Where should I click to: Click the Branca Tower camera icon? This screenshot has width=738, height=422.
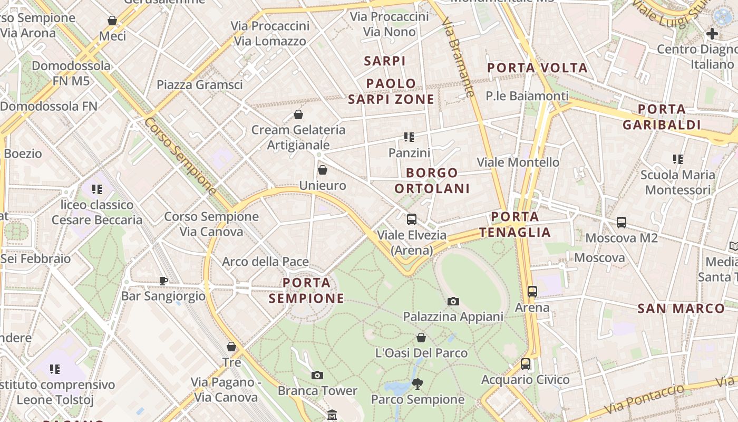tap(317, 376)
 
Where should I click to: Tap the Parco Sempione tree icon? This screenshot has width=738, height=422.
tap(417, 383)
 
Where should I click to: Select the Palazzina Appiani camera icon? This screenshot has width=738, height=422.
tap(453, 302)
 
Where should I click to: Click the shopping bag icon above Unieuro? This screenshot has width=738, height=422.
tap(323, 170)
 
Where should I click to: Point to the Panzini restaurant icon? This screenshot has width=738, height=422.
tap(409, 137)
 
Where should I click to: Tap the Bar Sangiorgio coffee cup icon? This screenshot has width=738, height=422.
tap(163, 281)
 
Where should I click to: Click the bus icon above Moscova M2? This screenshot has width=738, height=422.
tap(622, 223)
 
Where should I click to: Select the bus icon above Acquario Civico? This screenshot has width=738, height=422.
tap(525, 364)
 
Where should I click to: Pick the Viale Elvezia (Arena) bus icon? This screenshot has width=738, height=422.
tap(412, 219)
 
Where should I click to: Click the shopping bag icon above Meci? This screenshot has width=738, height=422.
tap(112, 21)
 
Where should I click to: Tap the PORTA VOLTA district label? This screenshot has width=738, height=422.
tap(537, 68)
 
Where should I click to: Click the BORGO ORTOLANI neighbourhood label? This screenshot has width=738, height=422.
tap(432, 180)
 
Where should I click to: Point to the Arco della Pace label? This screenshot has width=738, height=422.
tap(265, 262)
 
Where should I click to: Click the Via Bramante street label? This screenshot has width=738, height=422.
tap(459, 58)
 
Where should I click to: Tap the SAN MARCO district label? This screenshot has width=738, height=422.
tap(681, 309)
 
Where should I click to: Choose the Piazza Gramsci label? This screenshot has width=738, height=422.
tap(200, 85)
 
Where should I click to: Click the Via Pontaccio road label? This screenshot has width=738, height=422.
tap(644, 399)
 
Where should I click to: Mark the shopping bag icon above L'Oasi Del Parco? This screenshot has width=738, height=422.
tap(421, 338)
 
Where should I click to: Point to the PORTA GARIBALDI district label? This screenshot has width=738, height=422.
tap(662, 117)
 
